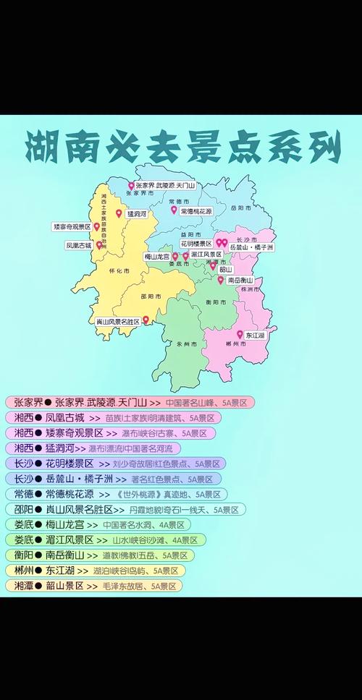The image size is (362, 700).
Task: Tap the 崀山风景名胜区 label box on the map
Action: [117, 320]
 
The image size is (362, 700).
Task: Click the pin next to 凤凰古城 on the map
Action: [99, 245]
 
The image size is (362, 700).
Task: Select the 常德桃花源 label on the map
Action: [195, 211]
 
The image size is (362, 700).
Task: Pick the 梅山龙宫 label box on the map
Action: [157, 256]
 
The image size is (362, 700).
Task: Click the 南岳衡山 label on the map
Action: [239, 280]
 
